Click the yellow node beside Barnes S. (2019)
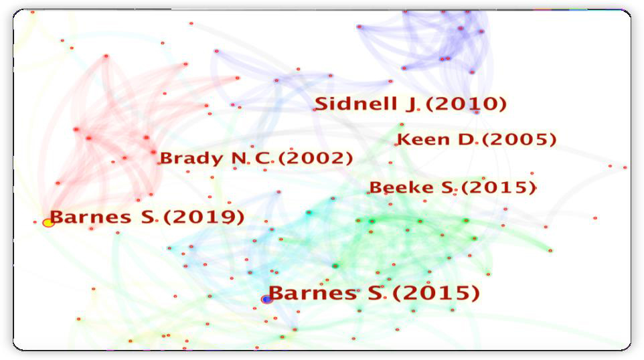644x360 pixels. (48, 223)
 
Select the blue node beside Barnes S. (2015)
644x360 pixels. (267, 299)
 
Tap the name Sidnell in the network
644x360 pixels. (355, 104)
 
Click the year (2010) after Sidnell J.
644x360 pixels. (466, 104)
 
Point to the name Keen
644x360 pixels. (424, 140)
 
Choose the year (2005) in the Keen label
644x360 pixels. (519, 140)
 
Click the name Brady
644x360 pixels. (191, 159)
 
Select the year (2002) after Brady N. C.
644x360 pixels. (315, 159)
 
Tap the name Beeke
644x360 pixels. (402, 187)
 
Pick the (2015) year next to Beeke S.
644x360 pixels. (499, 187)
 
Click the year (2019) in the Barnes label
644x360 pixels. (204, 217)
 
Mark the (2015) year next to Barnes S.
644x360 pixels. (436, 293)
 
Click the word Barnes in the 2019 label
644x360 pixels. (90, 217)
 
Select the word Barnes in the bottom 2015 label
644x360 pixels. (313, 293)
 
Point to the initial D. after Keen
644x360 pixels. (468, 140)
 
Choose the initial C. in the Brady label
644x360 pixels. (264, 159)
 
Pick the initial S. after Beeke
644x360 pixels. (448, 187)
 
